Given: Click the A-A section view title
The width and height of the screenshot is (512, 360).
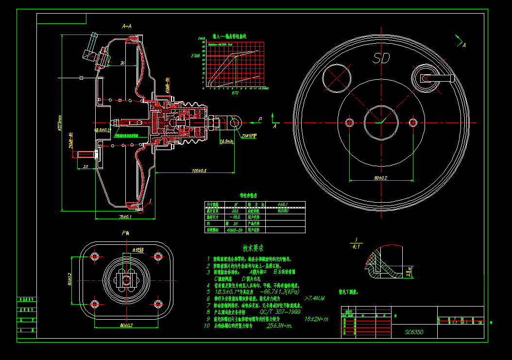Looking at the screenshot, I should [x=127, y=26].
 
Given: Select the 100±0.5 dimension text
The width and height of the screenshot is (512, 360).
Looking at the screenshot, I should [x=199, y=171].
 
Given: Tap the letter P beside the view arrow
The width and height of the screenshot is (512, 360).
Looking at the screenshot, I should [x=260, y=119].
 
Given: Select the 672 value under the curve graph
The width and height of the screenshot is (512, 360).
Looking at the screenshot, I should [x=235, y=92].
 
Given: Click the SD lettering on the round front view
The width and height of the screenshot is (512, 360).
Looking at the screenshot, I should [x=381, y=58].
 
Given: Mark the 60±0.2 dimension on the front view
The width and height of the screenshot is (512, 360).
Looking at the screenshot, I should [x=380, y=178].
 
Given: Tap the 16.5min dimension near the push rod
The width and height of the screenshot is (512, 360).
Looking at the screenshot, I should [x=227, y=141].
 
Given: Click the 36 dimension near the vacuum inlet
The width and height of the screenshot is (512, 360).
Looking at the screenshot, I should [x=122, y=63].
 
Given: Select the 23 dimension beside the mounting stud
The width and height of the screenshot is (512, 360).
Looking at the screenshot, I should [x=85, y=167].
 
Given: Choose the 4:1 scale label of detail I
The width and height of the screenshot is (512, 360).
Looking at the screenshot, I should [x=356, y=246].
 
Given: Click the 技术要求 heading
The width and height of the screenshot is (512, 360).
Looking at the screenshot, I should [x=253, y=248].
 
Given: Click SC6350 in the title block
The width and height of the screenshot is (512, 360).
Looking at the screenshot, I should [x=414, y=333].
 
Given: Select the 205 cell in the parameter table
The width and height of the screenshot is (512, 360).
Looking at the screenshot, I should [x=235, y=211].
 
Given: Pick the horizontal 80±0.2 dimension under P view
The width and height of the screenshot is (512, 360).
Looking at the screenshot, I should [x=125, y=325].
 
